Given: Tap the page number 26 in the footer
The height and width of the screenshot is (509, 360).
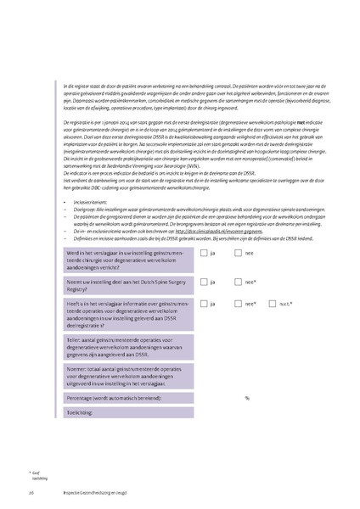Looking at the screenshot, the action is (x=31, y=493).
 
